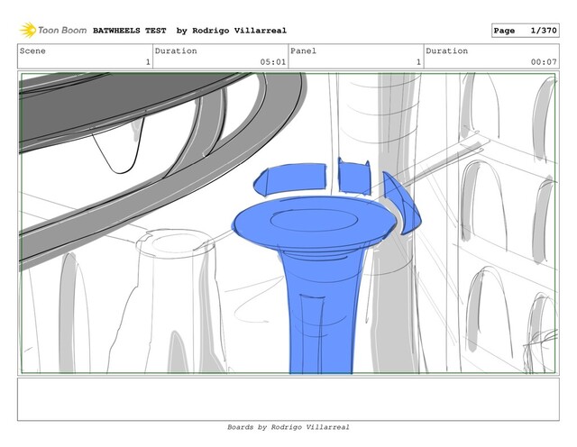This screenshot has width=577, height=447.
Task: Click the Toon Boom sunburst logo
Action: tap(28, 30)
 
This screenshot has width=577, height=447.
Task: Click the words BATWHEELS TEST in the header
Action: tap(130, 31)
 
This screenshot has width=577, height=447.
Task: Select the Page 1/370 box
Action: tap(525, 30)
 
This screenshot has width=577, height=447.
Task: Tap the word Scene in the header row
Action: tap(32, 50)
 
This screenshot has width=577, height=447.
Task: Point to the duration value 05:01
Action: tap(273, 62)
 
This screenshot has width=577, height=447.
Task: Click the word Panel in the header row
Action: tap(303, 50)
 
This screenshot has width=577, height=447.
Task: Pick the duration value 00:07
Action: tap(544, 62)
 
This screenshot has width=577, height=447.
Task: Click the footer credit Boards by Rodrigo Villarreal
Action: tap(288, 427)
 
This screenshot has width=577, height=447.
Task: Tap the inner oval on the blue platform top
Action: tap(315, 220)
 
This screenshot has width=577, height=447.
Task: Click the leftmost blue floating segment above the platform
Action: tap(290, 178)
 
